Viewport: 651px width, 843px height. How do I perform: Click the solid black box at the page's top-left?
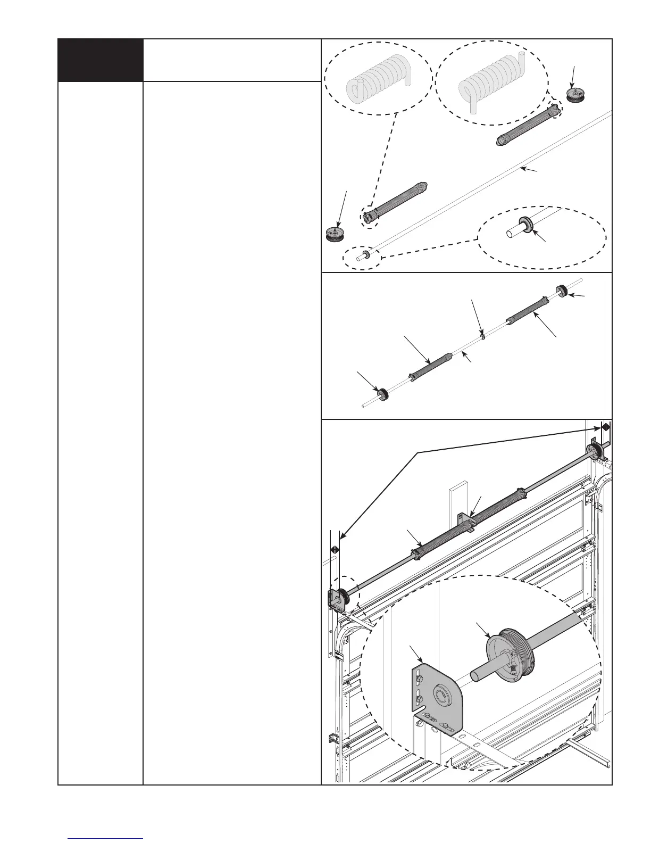(100, 60)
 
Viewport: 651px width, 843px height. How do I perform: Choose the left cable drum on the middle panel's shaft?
(382, 394)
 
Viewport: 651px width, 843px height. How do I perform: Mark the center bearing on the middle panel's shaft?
(481, 336)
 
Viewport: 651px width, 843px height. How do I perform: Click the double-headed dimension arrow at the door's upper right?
(605, 426)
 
